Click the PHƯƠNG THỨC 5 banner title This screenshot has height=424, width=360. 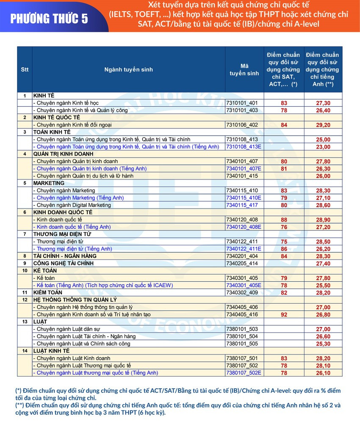pyautogui.click(x=49, y=19)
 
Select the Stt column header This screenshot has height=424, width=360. pyautogui.click(x=25, y=69)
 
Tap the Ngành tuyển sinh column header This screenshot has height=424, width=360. pyautogui.click(x=129, y=69)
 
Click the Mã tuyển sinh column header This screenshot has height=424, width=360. pyautogui.click(x=244, y=69)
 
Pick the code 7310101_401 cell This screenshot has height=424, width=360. pyautogui.click(x=242, y=103)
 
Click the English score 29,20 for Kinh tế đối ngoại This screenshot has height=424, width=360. pyautogui.click(x=323, y=125)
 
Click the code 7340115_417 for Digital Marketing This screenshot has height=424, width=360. pyautogui.click(x=242, y=205)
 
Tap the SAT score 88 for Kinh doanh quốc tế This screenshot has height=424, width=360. pyautogui.click(x=284, y=220)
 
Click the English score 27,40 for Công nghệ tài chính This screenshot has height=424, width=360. pyautogui.click(x=323, y=263)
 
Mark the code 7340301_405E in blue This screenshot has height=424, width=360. pyautogui.click(x=244, y=285)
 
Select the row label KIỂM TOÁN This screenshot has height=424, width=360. pyautogui.click(x=48, y=293)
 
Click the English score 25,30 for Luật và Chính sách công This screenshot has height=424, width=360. pyautogui.click(x=323, y=344)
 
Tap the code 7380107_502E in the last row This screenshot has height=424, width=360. pyautogui.click(x=244, y=373)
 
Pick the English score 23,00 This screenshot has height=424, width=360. pyautogui.click(x=323, y=147)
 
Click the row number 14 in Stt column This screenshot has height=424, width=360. pyautogui.click(x=25, y=351)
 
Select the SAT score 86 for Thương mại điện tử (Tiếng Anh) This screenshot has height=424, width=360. pyautogui.click(x=284, y=249)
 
